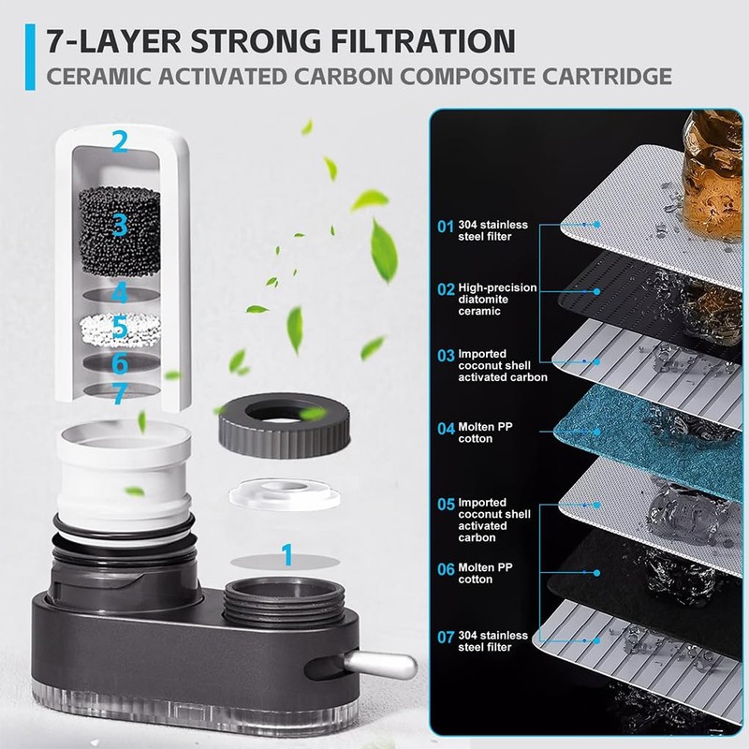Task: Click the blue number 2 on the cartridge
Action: click(119, 142)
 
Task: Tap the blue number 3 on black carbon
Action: click(119, 225)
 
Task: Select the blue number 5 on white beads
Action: click(119, 329)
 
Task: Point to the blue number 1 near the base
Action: click(287, 556)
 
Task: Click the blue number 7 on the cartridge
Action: click(119, 395)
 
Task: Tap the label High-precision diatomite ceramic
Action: click(496, 299)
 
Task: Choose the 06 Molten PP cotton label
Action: click(487, 573)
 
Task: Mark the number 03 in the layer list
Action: click(447, 356)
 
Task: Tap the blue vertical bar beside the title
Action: click(32, 58)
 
